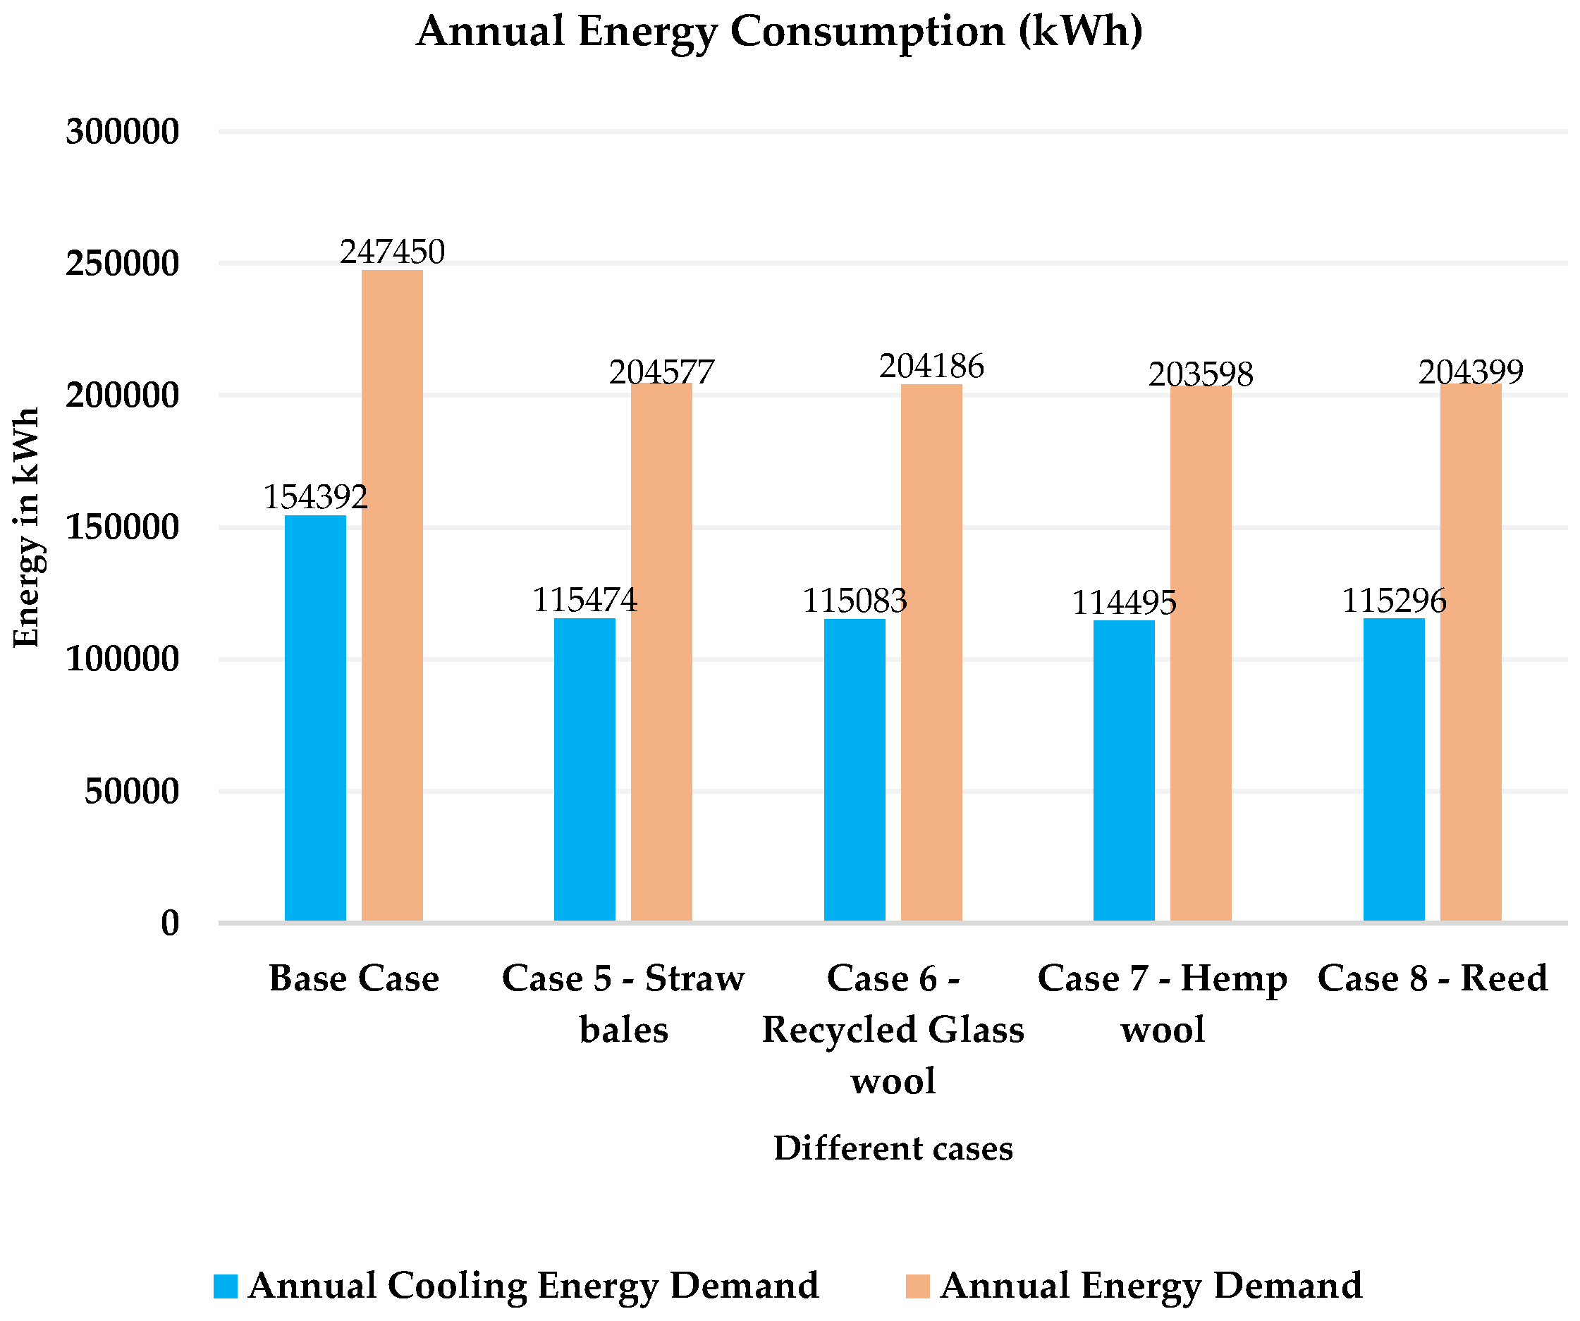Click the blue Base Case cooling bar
(x=315, y=718)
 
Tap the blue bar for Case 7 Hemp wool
(x=1123, y=771)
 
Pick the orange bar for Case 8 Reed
(x=1471, y=653)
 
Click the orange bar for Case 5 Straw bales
(x=661, y=653)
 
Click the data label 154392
(x=315, y=497)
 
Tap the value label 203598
(x=1201, y=374)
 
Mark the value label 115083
(x=855, y=601)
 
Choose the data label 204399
(x=1471, y=372)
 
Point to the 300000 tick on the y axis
(x=123, y=133)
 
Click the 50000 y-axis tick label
(x=132, y=792)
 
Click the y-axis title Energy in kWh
(x=27, y=527)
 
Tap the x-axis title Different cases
(x=893, y=1149)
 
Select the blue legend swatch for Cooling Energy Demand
(x=226, y=1286)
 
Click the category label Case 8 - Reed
(x=1433, y=978)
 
